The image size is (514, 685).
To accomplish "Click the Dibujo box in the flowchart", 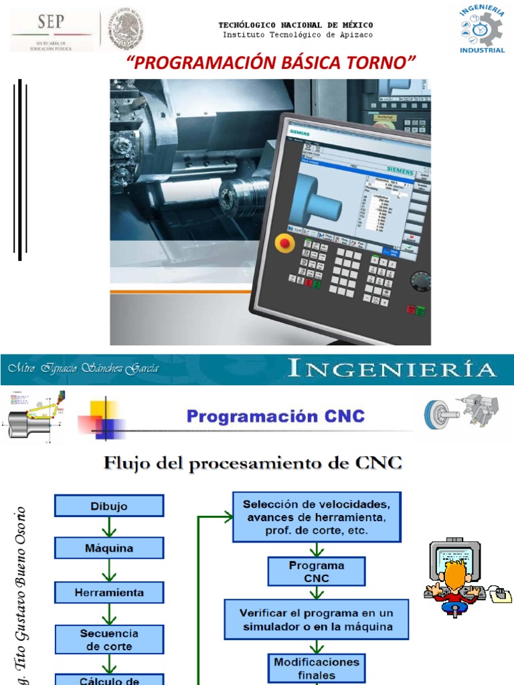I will (x=109, y=506).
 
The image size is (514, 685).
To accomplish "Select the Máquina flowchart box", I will (x=109, y=549).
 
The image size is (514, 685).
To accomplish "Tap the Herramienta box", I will (x=109, y=592).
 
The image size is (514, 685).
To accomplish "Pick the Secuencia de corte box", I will (x=109, y=640).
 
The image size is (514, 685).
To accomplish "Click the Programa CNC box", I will (x=317, y=571).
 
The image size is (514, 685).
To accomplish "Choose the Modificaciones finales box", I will (x=317, y=668).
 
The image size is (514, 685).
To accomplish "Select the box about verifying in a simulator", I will (x=317, y=619).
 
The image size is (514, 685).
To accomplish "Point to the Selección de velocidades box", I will (x=317, y=517).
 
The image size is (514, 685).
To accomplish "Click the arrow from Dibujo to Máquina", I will (x=109, y=527).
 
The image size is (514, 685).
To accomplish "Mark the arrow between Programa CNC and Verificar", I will (x=317, y=592).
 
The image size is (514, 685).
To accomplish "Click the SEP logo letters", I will (x=51, y=23).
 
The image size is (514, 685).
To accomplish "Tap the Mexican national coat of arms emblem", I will (x=122, y=29).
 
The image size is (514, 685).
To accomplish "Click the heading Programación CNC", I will (x=276, y=417).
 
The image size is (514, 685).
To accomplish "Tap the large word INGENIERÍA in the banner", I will (x=392, y=369).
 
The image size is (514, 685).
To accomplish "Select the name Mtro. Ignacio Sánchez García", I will (x=84, y=369).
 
